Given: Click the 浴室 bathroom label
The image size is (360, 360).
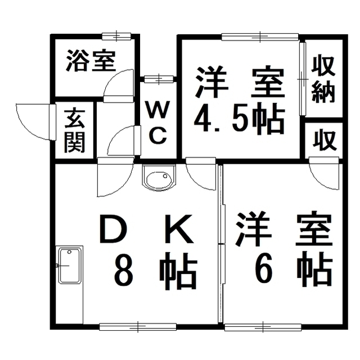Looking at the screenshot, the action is click(x=91, y=61).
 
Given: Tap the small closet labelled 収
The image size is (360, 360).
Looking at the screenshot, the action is click(x=325, y=139).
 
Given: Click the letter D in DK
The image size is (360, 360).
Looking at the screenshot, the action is click(x=114, y=229).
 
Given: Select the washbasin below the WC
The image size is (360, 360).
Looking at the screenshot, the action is click(x=159, y=178).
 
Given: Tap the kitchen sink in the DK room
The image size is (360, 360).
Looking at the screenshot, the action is click(x=69, y=265).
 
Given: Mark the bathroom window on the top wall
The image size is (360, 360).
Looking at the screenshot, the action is click(x=116, y=36).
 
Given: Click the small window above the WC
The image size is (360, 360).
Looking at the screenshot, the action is click(x=159, y=79).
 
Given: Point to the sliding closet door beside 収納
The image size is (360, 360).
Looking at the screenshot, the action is click(x=303, y=79).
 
